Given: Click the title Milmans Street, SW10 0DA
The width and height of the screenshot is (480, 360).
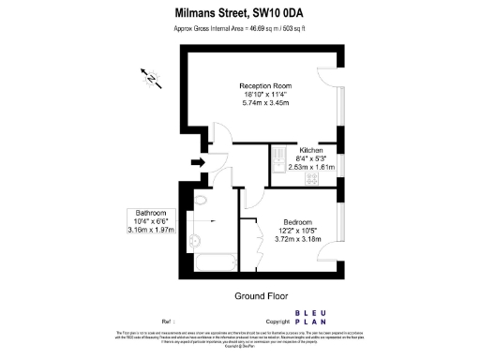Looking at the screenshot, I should point(238,13).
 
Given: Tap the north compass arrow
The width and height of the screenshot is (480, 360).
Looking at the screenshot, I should point(148,77).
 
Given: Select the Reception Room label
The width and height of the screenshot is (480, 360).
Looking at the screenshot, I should point(265,86).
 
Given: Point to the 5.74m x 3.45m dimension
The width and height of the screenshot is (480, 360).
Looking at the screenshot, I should point(265,102).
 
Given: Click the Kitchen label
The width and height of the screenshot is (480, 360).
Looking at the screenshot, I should point(311,151).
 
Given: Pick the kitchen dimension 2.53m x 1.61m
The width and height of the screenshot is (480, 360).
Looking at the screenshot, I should point(311,167).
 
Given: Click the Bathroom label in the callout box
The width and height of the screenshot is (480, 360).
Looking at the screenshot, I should point(150,212).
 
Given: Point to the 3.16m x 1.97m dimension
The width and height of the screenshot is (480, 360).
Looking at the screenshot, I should point(150,230).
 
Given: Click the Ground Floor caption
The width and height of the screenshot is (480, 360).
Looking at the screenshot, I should point(260,295).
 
